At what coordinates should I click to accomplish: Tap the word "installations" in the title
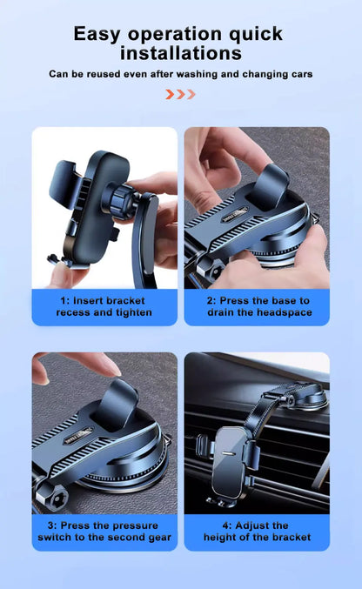tap(180, 53)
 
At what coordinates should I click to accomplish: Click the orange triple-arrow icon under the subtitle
tap(180, 94)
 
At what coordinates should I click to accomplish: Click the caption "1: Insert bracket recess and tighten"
tap(104, 306)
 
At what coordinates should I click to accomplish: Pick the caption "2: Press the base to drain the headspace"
tap(258, 306)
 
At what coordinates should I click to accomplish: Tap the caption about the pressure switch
tap(104, 532)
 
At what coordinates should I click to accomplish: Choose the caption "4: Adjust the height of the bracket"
tap(258, 532)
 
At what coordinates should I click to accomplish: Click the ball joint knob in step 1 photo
tap(113, 199)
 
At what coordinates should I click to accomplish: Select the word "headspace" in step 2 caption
tap(284, 312)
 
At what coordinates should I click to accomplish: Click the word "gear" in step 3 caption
tap(158, 538)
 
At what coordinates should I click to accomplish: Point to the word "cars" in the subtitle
tap(298, 74)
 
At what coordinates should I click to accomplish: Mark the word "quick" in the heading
tap(252, 34)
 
